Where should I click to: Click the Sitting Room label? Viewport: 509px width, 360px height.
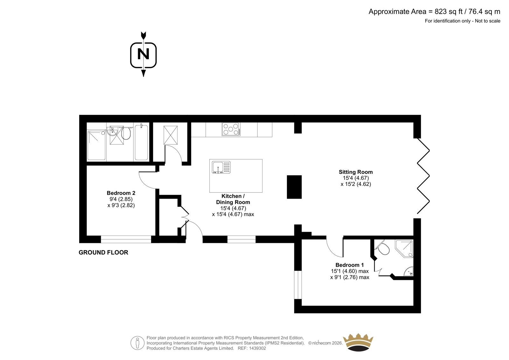coord(356,172)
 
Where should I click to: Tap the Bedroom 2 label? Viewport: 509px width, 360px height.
coord(121,193)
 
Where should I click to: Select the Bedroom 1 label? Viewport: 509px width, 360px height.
coord(350,265)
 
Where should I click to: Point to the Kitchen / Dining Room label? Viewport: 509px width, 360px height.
coord(233,199)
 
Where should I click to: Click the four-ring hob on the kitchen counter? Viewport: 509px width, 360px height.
coord(231,129)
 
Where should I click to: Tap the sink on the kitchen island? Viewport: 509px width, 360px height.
coord(221,167)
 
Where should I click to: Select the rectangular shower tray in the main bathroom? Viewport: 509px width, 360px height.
coord(97,145)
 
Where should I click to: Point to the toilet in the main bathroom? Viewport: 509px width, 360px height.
coord(126,133)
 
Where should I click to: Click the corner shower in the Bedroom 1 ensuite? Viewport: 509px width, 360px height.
coord(404,249)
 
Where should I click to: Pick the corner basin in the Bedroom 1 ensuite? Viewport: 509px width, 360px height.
coord(409,271)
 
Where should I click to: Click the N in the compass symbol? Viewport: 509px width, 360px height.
coord(143,54)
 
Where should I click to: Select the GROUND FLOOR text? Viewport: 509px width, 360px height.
coord(103,252)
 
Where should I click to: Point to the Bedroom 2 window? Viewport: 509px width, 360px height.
coord(126,239)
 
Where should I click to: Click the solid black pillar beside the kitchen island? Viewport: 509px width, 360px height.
coord(294,187)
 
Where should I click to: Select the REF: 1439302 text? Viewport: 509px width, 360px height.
coord(252,348)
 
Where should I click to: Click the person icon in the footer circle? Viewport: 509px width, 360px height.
coord(137,343)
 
